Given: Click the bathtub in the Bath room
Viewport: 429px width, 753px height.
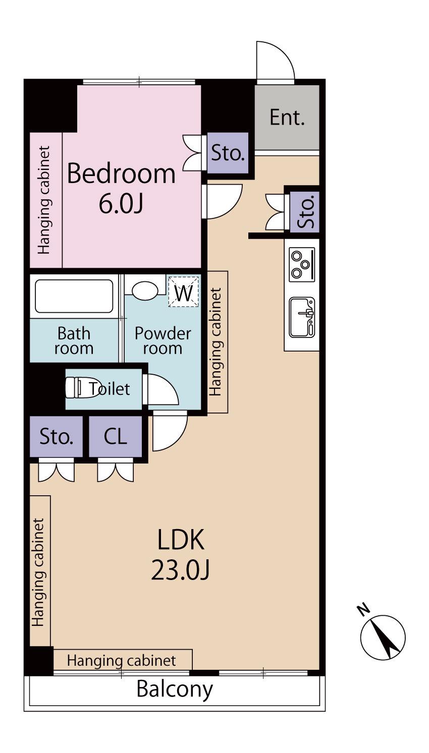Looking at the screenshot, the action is click(x=74, y=296).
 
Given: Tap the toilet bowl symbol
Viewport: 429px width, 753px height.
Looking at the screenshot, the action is click(x=80, y=387).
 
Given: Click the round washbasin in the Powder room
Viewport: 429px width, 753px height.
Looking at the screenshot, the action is click(x=145, y=291).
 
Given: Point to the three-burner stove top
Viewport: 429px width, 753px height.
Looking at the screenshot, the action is click(x=302, y=265).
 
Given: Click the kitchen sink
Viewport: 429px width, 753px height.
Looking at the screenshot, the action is click(x=302, y=317).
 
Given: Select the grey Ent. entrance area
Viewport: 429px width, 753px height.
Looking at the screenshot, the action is click(x=287, y=118).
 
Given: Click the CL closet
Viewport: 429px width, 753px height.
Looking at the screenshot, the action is click(x=116, y=436).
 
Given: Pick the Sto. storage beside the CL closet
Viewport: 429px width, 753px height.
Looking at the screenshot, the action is click(x=56, y=436).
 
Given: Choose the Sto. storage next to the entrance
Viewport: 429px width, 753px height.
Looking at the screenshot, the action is click(x=228, y=153).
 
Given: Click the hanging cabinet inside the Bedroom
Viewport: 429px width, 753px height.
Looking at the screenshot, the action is click(x=46, y=200).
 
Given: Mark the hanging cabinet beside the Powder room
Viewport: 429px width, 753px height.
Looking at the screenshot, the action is click(x=218, y=342).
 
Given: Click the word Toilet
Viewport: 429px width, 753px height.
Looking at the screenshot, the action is click(x=110, y=389).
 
